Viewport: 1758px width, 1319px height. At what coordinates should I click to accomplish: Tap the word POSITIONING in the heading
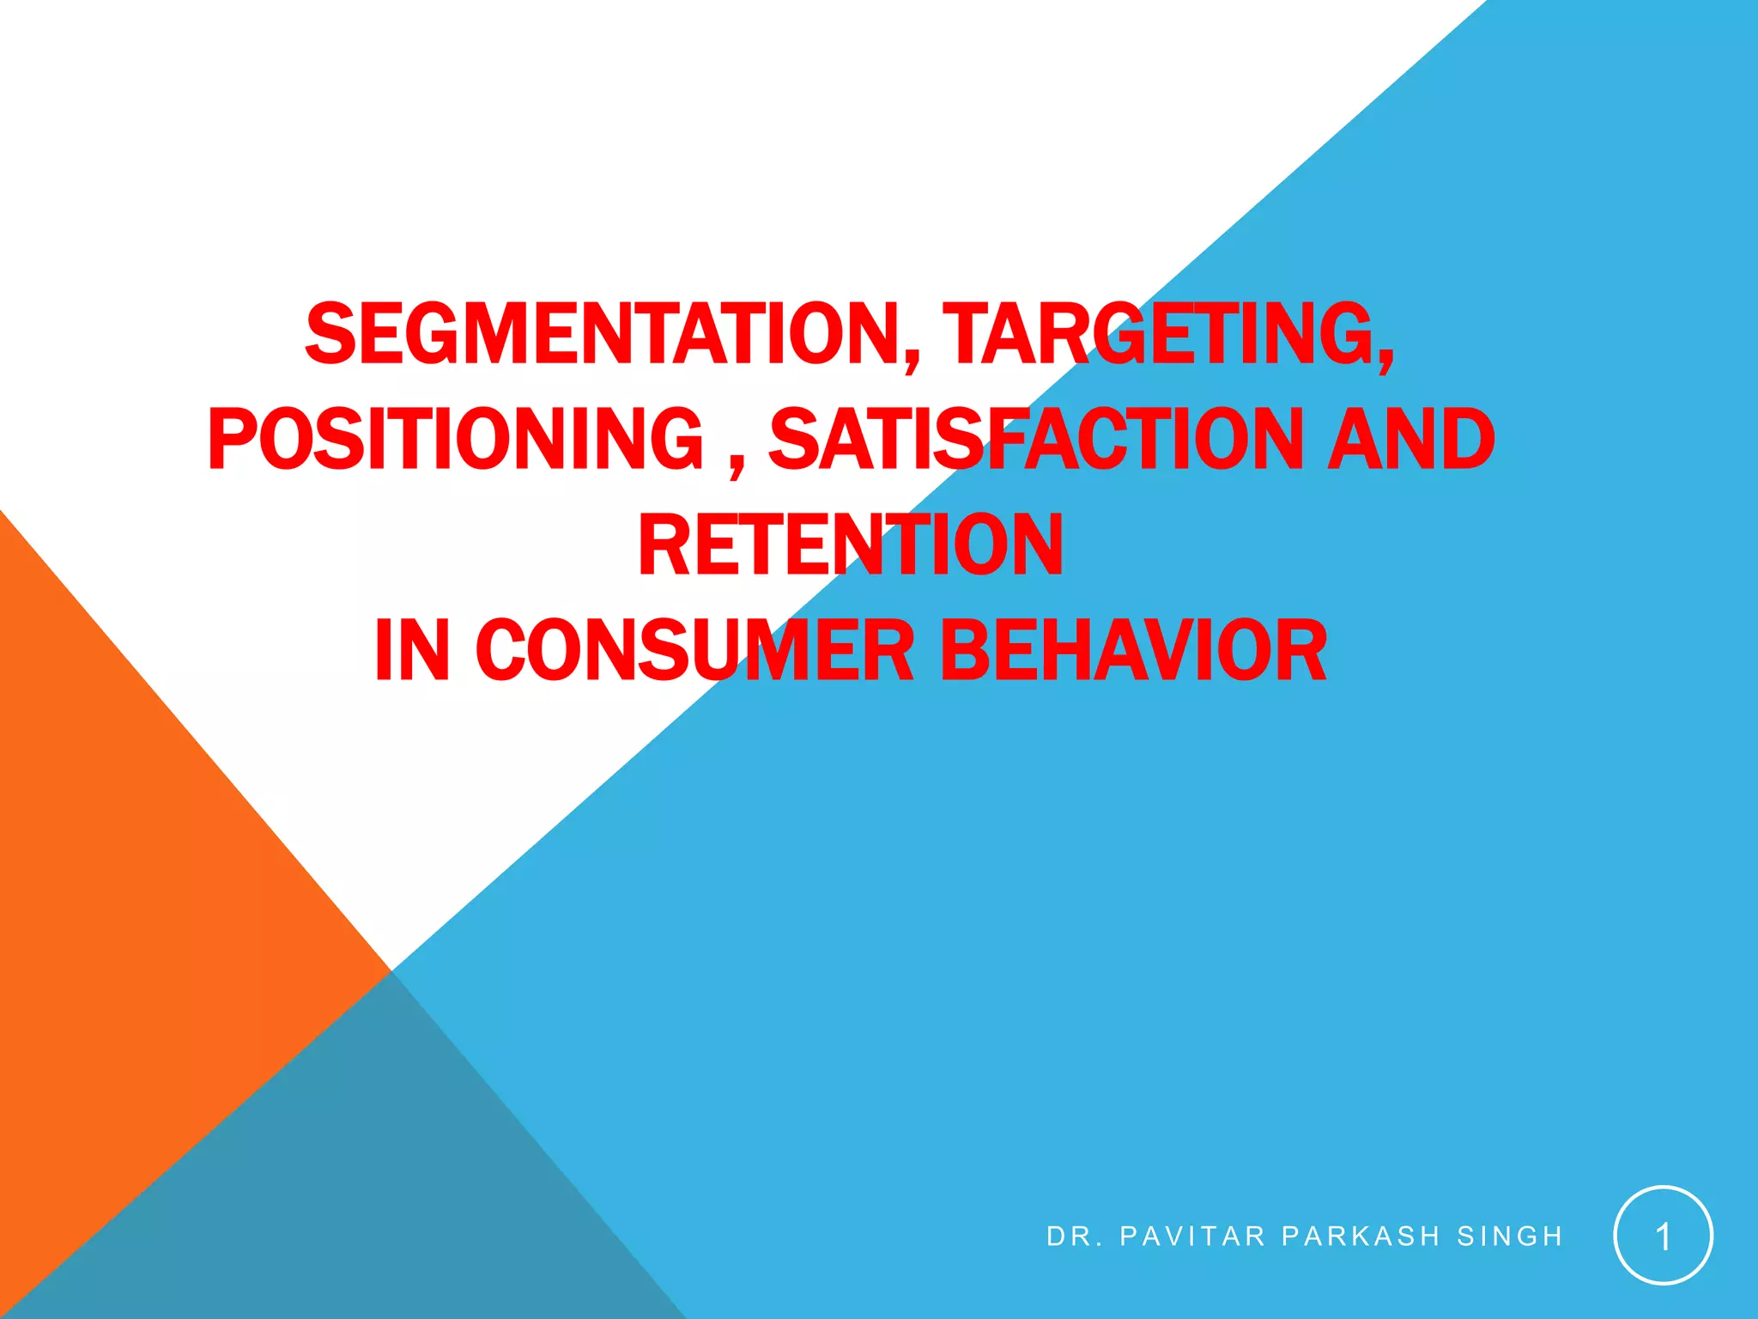click(x=456, y=439)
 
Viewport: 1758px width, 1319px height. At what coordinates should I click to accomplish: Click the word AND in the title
click(x=1411, y=439)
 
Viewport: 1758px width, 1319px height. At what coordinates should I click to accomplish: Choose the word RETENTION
click(x=851, y=544)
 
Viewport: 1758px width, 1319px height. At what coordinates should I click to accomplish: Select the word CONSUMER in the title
click(x=695, y=650)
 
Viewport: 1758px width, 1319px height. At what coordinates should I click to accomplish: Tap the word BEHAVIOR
click(x=1133, y=650)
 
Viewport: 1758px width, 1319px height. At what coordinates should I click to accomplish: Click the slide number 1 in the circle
click(x=1663, y=1237)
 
